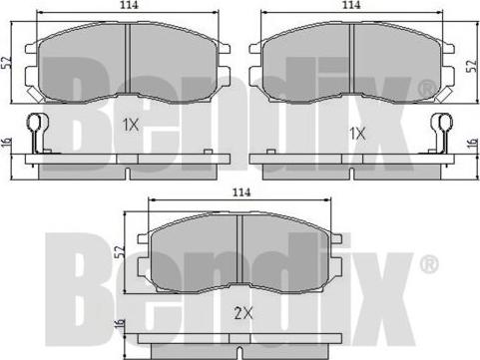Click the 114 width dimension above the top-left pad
(x=129, y=5)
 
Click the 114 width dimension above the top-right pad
(x=351, y=5)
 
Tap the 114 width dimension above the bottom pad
(x=241, y=192)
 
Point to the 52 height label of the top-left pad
(x=6, y=62)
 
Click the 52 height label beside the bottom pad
(x=120, y=251)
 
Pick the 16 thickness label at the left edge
(x=7, y=143)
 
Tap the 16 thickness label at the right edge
(x=472, y=144)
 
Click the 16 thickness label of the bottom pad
(x=120, y=322)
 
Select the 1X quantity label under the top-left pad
(x=131, y=125)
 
